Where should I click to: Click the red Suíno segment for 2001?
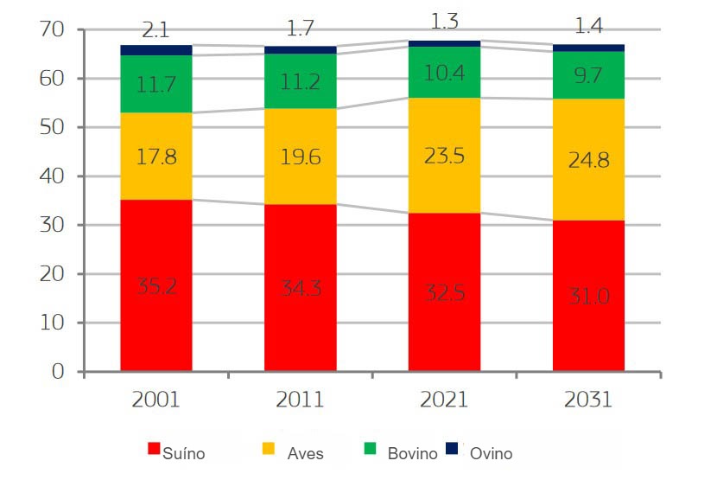tap(156, 285)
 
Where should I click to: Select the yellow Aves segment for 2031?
tap(588, 159)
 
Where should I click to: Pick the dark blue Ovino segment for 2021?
tap(444, 43)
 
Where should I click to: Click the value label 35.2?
tap(156, 285)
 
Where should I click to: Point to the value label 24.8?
tap(588, 159)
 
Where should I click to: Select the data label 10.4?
tap(444, 73)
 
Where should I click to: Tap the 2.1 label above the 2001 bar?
tap(156, 32)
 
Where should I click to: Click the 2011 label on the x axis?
tap(301, 400)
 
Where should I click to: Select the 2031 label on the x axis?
tap(588, 400)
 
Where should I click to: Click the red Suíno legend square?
tap(155, 449)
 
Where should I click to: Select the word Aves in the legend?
tap(305, 453)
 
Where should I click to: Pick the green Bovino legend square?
tap(369, 449)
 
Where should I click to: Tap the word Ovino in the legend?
tap(492, 453)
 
